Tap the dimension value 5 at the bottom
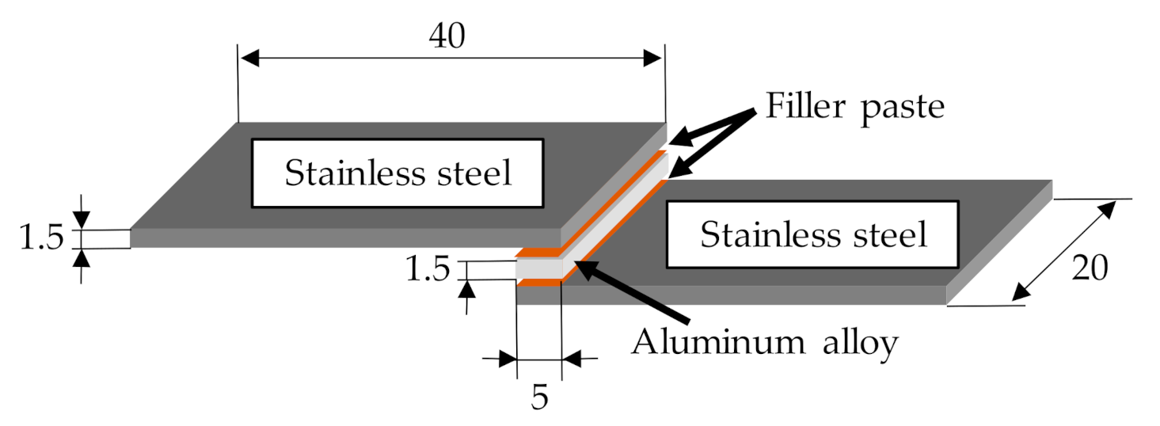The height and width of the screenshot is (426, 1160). click(538, 396)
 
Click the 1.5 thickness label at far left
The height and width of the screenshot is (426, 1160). click(41, 238)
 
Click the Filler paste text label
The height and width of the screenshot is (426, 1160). click(854, 105)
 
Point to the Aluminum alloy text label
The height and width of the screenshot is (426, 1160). click(765, 342)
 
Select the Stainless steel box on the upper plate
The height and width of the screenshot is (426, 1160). click(397, 173)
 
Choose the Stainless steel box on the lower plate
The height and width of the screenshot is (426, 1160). click(813, 234)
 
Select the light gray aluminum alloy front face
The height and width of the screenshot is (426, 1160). click(538, 269)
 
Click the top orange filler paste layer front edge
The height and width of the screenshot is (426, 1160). click(538, 255)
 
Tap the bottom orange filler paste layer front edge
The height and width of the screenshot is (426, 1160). click(538, 282)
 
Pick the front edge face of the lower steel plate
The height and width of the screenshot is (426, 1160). click(728, 295)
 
